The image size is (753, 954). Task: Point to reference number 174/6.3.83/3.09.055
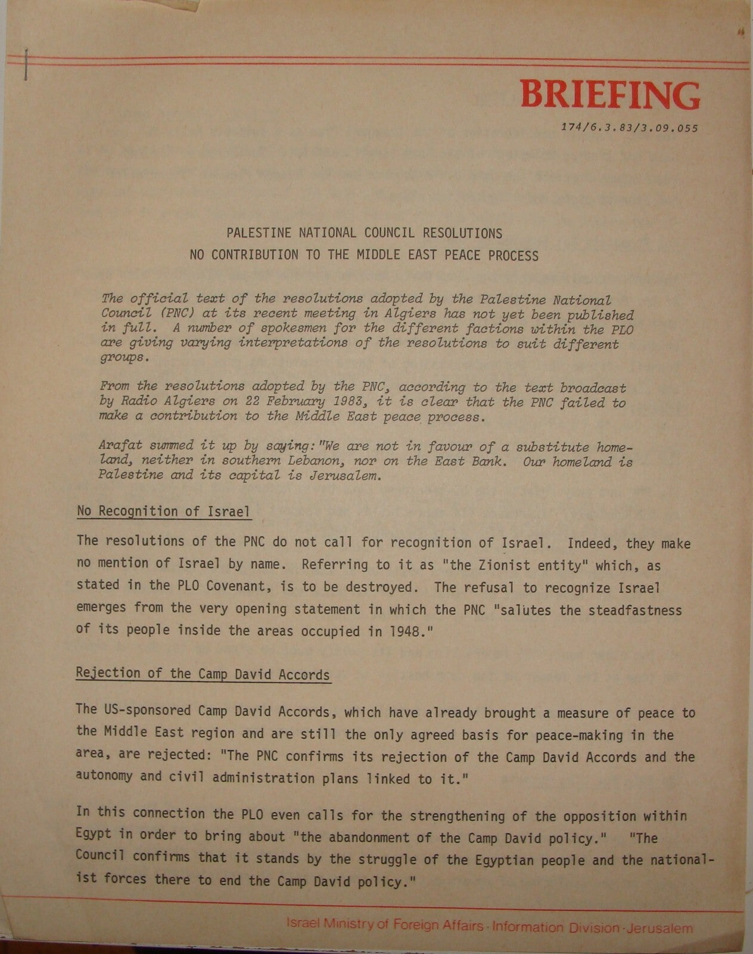(x=630, y=128)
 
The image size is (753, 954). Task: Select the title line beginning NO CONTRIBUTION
(x=364, y=255)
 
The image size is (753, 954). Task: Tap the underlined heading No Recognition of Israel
(x=163, y=512)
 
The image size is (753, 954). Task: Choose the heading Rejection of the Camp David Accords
(x=203, y=674)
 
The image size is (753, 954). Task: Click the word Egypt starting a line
(x=94, y=835)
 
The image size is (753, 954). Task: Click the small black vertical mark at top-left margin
(x=26, y=64)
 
